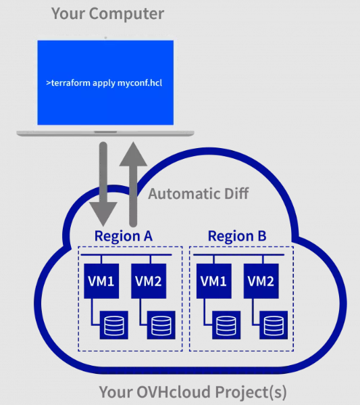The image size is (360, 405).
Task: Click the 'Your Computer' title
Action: [x=107, y=14]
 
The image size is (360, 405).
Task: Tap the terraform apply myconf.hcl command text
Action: [x=104, y=83]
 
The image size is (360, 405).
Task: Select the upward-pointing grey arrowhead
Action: [x=133, y=153]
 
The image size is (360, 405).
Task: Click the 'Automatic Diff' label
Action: [x=198, y=194]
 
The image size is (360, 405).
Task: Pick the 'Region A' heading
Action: [x=124, y=236]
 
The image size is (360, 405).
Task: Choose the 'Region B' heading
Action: [x=237, y=236]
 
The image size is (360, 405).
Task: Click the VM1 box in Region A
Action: [x=101, y=281]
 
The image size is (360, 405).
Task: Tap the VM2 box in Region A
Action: [x=149, y=281]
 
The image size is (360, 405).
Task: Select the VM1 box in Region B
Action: [x=214, y=281]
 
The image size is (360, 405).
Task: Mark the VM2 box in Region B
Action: [x=261, y=281]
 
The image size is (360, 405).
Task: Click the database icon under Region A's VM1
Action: [x=114, y=325]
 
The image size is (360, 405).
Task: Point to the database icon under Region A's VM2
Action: [x=161, y=325]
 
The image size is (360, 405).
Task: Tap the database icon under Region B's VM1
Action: [x=226, y=325]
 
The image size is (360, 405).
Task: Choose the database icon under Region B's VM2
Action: [x=274, y=325]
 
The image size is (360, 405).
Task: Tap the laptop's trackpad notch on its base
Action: [x=105, y=132]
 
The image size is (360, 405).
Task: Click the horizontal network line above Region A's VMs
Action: [x=126, y=255]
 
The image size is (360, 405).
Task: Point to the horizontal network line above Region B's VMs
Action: [x=238, y=255]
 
